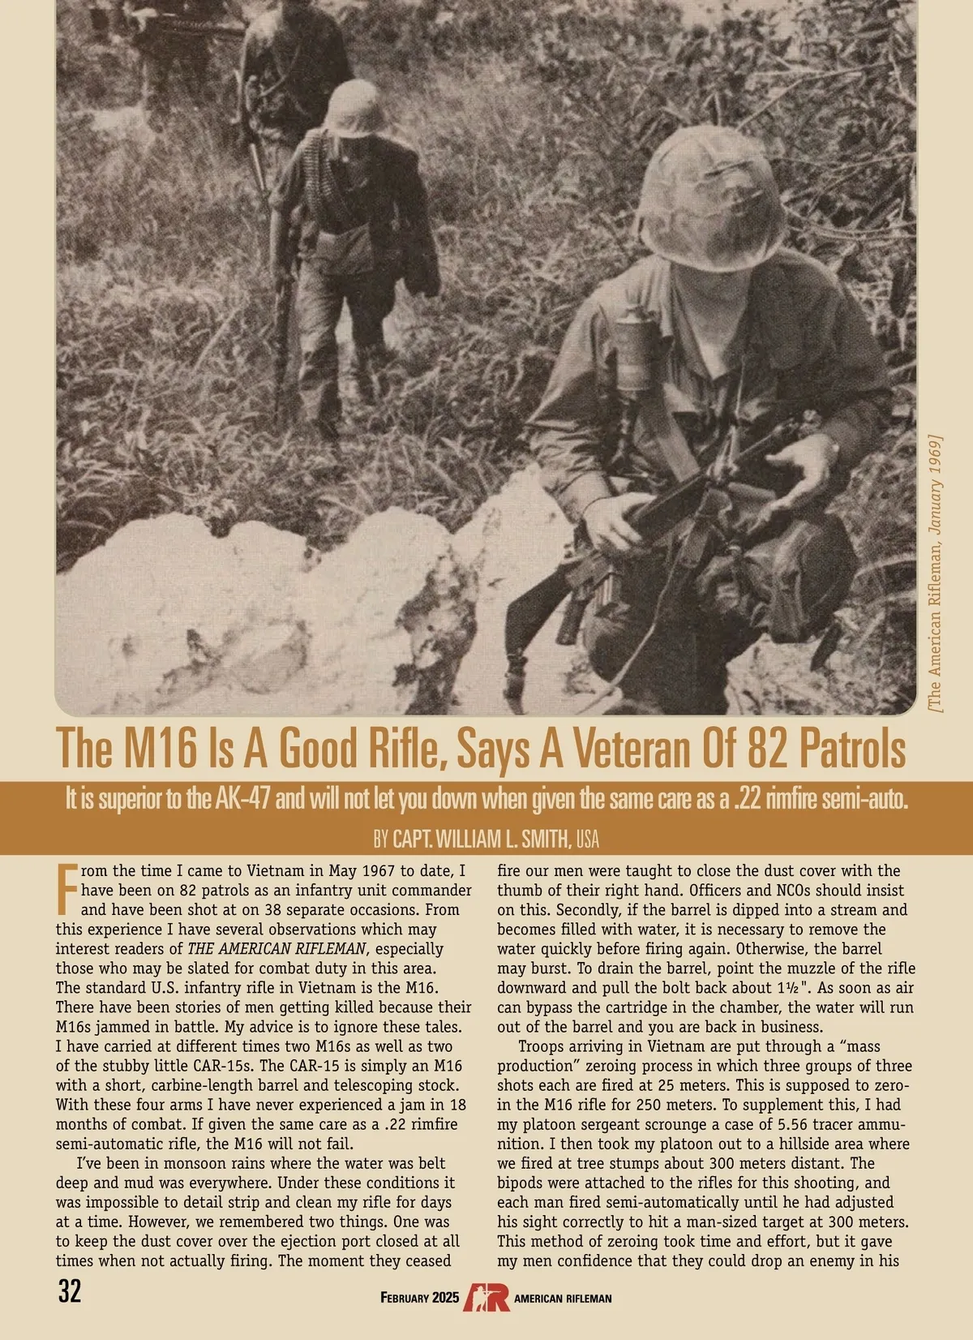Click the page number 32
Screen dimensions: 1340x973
pyautogui.click(x=70, y=1291)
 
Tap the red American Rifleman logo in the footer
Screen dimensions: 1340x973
pyautogui.click(x=486, y=1297)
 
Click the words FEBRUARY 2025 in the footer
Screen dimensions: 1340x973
pyautogui.click(x=419, y=1298)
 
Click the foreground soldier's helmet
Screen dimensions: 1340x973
pyautogui.click(x=711, y=200)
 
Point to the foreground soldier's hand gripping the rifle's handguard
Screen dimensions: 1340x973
pyautogui.click(x=616, y=519)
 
